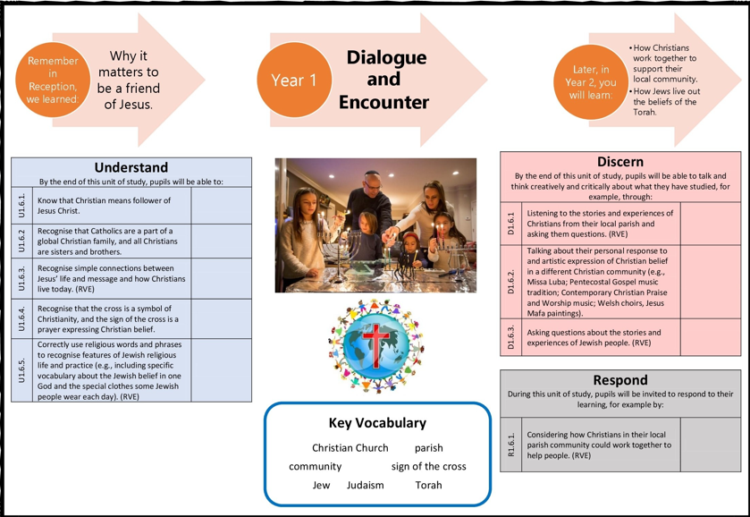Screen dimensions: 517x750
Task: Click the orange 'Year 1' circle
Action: click(294, 81)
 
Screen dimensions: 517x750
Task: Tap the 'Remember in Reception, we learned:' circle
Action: click(53, 80)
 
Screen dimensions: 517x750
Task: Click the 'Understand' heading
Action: click(131, 167)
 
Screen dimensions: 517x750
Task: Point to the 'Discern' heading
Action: click(619, 162)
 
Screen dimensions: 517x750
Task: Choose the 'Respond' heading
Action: click(619, 380)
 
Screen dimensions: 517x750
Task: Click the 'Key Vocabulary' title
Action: click(377, 423)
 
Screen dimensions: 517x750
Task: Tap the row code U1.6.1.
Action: click(21, 206)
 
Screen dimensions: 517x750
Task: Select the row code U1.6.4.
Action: click(21, 318)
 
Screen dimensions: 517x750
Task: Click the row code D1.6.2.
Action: click(511, 281)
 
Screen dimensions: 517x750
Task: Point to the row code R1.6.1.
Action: click(511, 445)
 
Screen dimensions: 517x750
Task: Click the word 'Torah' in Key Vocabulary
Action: click(428, 486)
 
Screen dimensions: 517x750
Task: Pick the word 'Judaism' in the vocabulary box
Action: click(365, 486)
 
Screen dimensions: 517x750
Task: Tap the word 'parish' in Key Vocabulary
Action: click(428, 448)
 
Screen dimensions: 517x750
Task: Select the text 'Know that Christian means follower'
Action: click(104, 200)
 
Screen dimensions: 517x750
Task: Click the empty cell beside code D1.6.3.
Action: click(710, 337)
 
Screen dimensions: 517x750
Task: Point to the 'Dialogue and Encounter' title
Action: click(386, 80)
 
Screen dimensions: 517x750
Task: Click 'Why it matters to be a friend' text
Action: click(129, 80)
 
